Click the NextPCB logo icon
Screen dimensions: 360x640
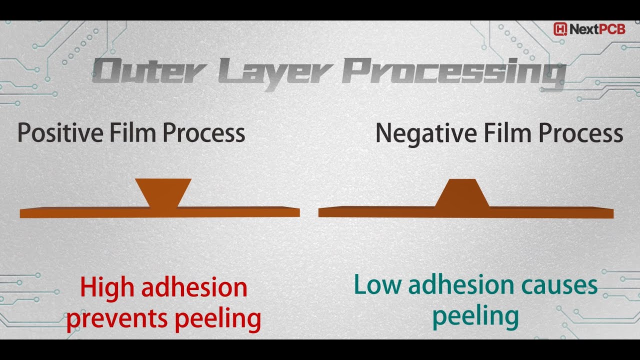pos(560,29)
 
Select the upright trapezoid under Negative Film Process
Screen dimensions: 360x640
pos(462,193)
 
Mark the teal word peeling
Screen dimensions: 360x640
pos(475,316)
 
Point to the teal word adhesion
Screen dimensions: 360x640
pos(461,285)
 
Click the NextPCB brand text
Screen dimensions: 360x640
pos(597,29)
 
